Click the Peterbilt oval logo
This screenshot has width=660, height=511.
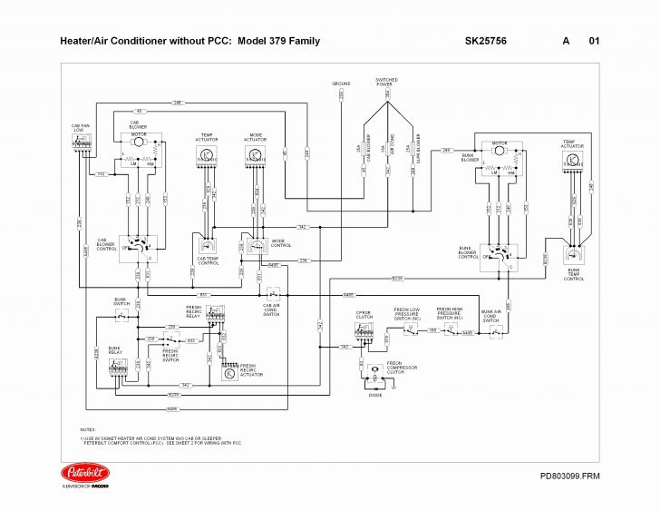85,472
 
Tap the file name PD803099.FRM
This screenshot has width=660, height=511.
569,476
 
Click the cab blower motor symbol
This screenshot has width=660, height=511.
139,142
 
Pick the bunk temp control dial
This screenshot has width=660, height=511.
574,258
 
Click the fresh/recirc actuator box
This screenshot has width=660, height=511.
229,372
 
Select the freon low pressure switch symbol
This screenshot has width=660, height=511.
407,330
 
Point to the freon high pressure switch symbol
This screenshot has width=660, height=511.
449,331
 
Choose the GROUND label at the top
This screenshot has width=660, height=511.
341,83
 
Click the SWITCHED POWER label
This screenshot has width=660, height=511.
386,83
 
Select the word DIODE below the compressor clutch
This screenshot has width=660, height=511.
375,396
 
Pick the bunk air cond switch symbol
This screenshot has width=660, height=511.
495,332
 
